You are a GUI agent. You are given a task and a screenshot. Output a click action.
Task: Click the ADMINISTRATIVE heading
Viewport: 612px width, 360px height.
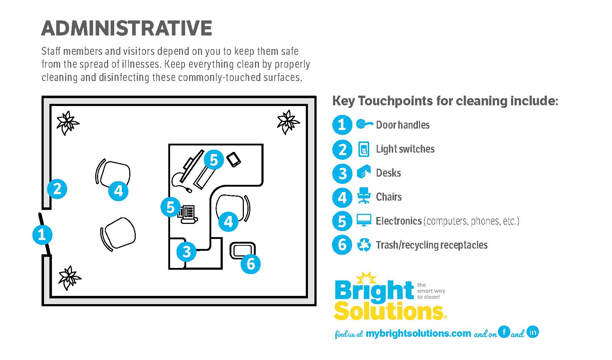point(126,28)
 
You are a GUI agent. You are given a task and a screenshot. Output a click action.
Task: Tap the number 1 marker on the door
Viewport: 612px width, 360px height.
point(42,235)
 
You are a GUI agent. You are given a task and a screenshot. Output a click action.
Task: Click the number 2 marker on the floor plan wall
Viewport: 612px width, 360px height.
point(57,189)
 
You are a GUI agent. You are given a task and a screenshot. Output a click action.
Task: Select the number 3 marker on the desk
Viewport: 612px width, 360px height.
point(186,251)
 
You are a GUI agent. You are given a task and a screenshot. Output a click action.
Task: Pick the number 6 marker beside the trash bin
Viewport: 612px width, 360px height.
point(251,264)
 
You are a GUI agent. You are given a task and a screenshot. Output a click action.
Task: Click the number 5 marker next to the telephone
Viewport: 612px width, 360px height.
point(170,207)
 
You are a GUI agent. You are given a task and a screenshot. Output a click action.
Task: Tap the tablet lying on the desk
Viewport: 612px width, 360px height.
point(233,159)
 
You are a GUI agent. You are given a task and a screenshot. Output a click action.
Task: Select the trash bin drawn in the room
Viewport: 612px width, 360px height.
point(242,250)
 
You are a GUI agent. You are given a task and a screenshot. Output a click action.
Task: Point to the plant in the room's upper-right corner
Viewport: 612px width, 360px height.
point(288,122)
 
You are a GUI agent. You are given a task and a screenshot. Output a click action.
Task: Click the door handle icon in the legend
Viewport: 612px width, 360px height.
point(364,124)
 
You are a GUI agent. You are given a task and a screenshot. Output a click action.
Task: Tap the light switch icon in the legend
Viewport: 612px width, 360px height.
point(363,149)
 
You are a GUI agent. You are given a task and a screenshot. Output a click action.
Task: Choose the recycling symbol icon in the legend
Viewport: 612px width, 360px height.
point(364,245)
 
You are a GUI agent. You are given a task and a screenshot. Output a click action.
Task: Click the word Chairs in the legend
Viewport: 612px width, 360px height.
point(389,197)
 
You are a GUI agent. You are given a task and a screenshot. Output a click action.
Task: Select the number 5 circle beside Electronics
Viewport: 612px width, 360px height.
point(342,221)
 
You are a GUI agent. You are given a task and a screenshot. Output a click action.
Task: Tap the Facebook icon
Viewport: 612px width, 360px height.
point(504,332)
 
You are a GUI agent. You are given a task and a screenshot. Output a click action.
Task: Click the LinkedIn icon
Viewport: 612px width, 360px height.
point(533,332)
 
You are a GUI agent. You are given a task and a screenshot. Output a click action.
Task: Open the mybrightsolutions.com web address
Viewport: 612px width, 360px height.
point(418,333)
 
